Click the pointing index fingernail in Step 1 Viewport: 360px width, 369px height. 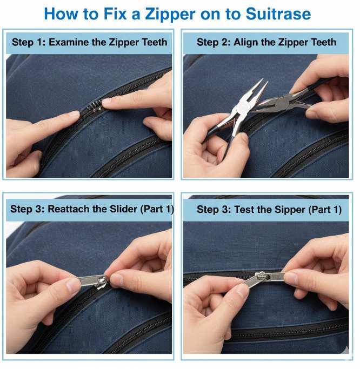coord(108,100)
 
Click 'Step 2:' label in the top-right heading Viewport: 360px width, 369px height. coord(212,42)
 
